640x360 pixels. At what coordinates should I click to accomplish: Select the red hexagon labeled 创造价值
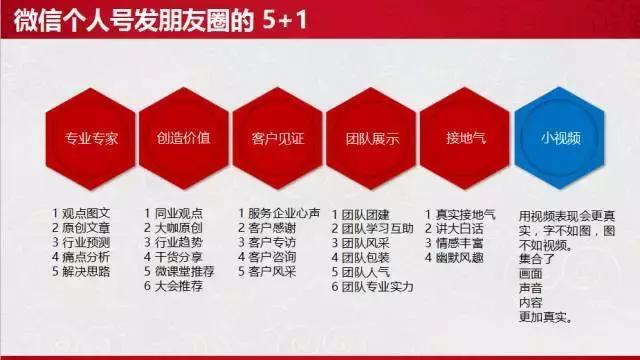pyautogui.click(x=183, y=138)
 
